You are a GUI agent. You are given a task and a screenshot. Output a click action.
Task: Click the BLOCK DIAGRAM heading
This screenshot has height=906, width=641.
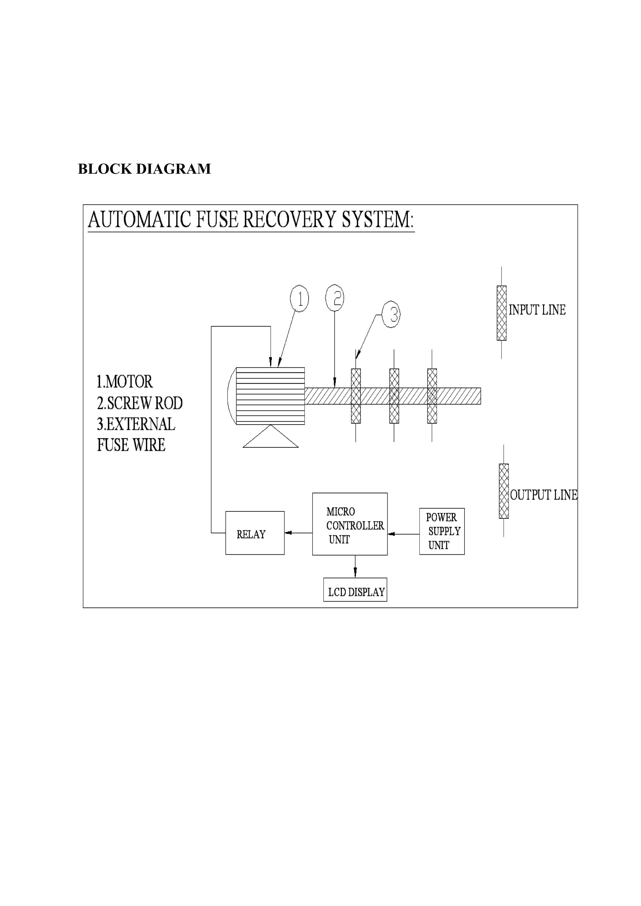pyautogui.click(x=144, y=169)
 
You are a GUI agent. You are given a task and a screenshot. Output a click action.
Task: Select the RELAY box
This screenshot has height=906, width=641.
pyautogui.click(x=255, y=533)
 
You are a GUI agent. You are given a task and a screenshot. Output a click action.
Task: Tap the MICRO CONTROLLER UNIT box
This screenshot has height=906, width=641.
pyautogui.click(x=350, y=524)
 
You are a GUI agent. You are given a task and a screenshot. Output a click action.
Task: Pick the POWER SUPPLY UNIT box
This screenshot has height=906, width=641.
pyautogui.click(x=442, y=531)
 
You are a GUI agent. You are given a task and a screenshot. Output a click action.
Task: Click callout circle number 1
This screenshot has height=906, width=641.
pyautogui.click(x=299, y=299)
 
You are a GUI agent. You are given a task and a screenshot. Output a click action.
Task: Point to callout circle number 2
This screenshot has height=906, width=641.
pyautogui.click(x=335, y=298)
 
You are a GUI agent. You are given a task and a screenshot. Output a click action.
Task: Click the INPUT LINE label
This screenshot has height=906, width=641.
pyautogui.click(x=537, y=310)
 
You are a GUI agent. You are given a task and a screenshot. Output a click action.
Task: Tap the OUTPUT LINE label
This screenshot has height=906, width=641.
pyautogui.click(x=543, y=495)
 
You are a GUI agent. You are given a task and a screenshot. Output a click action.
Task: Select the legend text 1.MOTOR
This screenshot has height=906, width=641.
pyautogui.click(x=124, y=382)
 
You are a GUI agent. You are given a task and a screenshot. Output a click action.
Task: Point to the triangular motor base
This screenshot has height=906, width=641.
pyautogui.click(x=270, y=438)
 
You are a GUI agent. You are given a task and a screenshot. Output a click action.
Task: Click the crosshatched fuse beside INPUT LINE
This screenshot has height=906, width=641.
pyautogui.click(x=501, y=313)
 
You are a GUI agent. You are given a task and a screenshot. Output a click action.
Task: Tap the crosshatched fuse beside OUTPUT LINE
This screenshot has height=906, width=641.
pyautogui.click(x=504, y=491)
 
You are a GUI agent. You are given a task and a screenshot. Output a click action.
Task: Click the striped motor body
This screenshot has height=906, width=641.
pyautogui.click(x=270, y=396)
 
